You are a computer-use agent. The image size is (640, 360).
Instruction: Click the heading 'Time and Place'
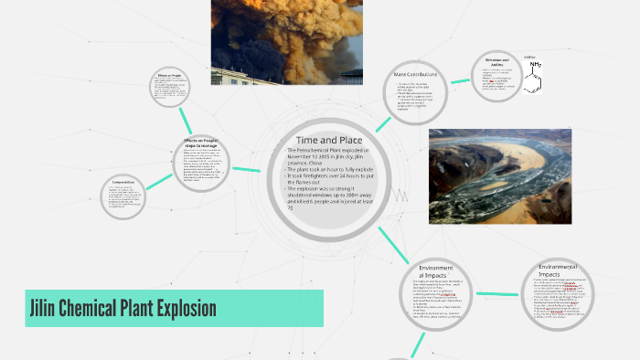[x=330, y=138]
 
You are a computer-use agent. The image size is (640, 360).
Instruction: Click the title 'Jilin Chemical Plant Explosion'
[x=122, y=309]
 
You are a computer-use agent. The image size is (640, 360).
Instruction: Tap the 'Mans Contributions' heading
[x=415, y=74]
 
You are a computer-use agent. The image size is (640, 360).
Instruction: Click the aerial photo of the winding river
[x=499, y=175]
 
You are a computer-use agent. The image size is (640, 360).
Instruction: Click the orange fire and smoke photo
[x=273, y=41]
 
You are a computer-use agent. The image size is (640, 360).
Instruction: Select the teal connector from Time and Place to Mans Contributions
[x=379, y=125]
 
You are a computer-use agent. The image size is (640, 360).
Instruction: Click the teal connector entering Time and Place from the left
[x=247, y=169]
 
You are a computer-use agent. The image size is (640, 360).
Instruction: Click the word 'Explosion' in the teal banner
[x=183, y=309]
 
